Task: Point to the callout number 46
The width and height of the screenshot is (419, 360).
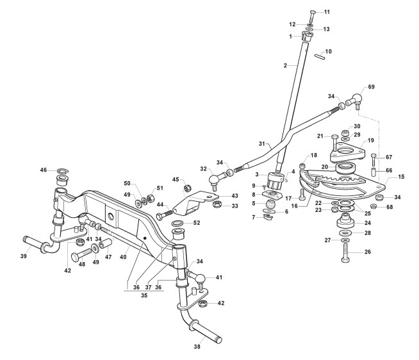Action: (44, 170)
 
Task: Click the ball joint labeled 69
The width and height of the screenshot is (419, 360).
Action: (354, 98)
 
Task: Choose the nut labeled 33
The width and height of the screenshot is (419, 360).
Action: (217, 204)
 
